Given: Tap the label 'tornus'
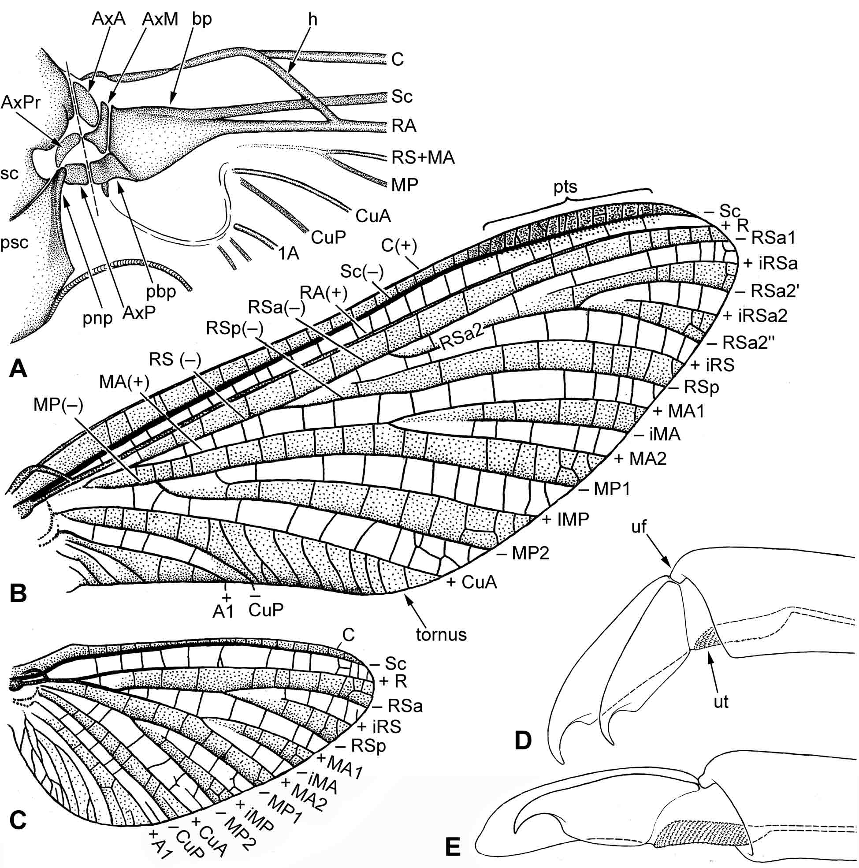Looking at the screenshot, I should [x=441, y=634].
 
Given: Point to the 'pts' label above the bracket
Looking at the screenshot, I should [x=565, y=187].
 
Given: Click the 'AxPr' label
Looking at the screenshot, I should [x=21, y=103].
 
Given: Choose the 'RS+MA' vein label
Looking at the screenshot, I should [x=423, y=157].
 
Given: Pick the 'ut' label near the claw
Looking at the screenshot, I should [x=721, y=702].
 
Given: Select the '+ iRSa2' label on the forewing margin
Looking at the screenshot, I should [x=755, y=316].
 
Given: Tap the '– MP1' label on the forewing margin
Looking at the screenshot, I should [x=605, y=489].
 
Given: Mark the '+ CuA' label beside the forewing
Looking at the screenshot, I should [x=471, y=583].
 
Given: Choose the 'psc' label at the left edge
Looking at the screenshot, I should [x=15, y=242].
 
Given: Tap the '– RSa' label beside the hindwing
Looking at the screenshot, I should [x=399, y=707].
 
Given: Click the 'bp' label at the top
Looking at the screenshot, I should [x=201, y=20].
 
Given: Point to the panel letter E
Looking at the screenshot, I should [x=452, y=848].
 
